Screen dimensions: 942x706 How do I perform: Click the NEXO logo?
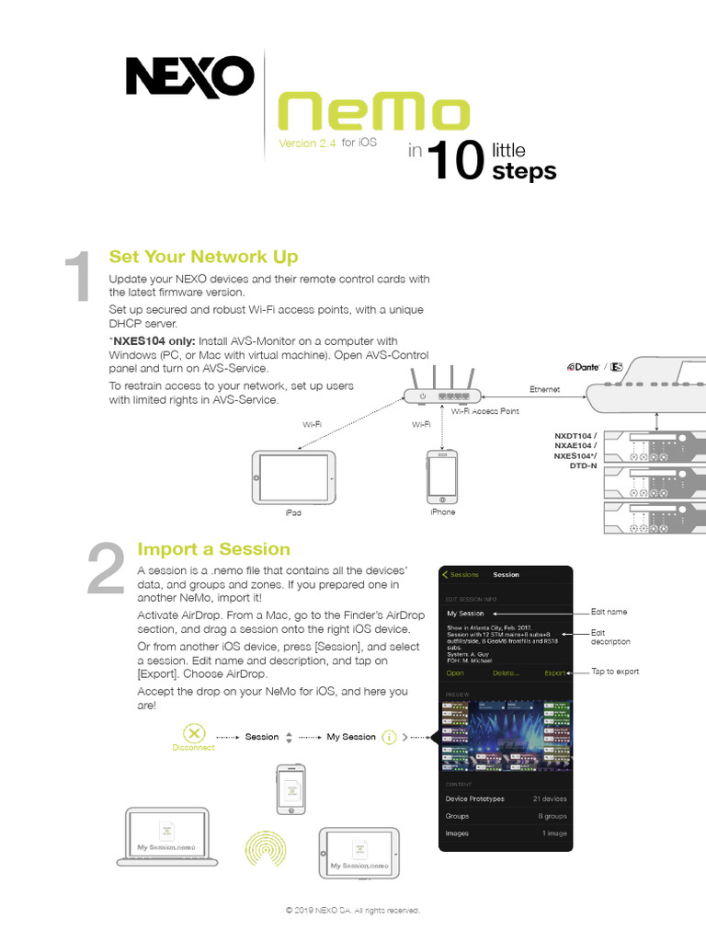[x=189, y=77]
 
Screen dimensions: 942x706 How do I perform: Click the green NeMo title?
[x=373, y=114]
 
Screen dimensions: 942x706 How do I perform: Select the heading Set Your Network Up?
[x=203, y=257]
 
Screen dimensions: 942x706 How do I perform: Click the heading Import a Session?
[x=213, y=549]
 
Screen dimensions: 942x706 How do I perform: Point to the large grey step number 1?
[x=79, y=278]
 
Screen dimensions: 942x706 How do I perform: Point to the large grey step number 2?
[x=106, y=571]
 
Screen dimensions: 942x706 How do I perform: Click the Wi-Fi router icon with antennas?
[x=442, y=390]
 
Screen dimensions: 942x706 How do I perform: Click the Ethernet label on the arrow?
[x=544, y=389]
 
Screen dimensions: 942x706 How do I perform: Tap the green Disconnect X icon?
[x=193, y=734]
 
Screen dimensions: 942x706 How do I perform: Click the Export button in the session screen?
[x=555, y=673]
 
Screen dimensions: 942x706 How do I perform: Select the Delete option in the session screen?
[x=506, y=673]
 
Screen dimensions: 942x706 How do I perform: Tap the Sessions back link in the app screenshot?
[x=461, y=575]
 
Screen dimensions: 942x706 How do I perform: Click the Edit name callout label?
[x=609, y=612]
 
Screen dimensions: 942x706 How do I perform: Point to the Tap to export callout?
[x=614, y=672]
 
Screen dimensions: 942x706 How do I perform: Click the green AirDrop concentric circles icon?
[x=266, y=847]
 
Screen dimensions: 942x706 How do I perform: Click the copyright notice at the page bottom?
[x=353, y=910]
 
